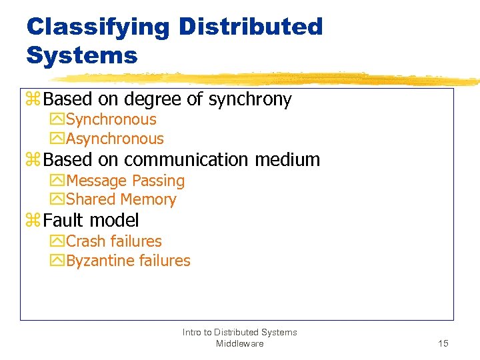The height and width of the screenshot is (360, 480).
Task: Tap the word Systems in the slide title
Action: coord(81,55)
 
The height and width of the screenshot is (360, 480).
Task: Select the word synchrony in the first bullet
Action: coord(250,100)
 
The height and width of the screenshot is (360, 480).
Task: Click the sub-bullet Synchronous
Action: coord(111,120)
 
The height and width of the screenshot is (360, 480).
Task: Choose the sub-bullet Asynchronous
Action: coord(115,139)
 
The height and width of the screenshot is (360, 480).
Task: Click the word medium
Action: coord(289,160)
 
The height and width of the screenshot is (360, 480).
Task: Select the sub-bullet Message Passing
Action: coord(125,181)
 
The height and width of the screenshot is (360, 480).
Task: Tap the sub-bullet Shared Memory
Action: coord(121,199)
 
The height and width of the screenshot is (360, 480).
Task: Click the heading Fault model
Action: coord(91,221)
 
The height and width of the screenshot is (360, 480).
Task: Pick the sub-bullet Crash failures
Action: coord(113,241)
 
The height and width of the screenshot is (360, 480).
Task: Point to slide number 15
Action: coord(443,343)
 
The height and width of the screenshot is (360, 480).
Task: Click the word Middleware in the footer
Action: coord(239,343)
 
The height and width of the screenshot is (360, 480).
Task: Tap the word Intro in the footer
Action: coord(193,332)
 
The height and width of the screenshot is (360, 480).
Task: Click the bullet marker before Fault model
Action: coord(33,221)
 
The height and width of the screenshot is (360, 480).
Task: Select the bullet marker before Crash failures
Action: coord(57,241)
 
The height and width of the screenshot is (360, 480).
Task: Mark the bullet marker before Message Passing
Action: coord(57,181)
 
